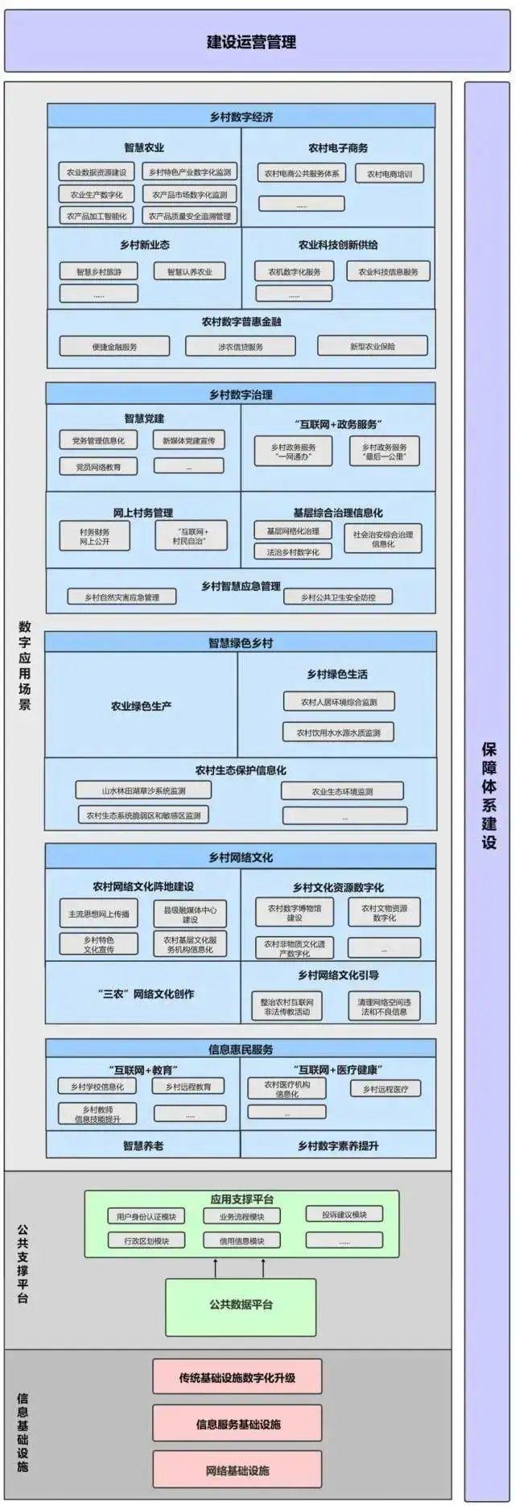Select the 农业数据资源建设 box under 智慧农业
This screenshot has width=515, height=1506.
coord(97,172)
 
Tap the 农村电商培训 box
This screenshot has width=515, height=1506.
coord(389,174)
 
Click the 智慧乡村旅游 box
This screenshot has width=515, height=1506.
coord(99,272)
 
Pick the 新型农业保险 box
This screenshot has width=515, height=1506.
coord(372,347)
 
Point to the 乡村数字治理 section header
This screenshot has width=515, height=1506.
coord(241,394)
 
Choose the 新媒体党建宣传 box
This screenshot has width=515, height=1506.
coord(189,440)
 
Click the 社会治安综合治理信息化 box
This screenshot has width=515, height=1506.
coord(383,538)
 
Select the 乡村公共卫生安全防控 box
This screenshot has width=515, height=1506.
coord(338,597)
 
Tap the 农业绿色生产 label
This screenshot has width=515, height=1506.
coord(141,706)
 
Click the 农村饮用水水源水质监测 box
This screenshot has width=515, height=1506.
coord(339,732)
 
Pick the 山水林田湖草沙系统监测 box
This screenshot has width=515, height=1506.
coord(144,790)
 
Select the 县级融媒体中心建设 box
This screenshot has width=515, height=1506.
coord(190,914)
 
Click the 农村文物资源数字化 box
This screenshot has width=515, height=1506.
coord(384,912)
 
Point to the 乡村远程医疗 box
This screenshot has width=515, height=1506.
coord(385,1089)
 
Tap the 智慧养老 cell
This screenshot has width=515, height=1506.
coord(142,1145)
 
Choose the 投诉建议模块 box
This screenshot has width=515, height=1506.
coord(344,1215)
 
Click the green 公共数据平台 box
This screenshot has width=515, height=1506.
coord(241,1304)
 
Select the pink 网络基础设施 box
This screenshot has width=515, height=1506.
coord(237,1471)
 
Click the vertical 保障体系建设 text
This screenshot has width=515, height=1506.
coord(488,797)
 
